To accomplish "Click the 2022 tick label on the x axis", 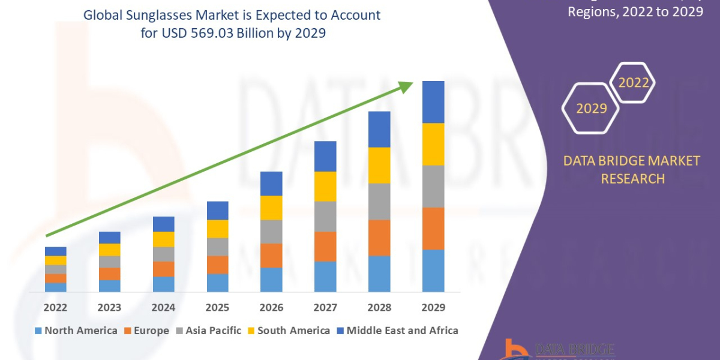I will tap(55, 307).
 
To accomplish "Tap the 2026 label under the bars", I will tap(271, 307).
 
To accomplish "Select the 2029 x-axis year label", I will tap(433, 307).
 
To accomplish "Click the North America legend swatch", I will tap(39, 331).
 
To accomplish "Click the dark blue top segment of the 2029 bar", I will tap(433, 102).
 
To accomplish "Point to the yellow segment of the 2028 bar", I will tap(379, 165).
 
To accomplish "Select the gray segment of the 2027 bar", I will tap(325, 216).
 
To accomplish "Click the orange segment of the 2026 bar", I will tap(271, 256).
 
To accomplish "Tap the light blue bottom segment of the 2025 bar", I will tap(217, 283).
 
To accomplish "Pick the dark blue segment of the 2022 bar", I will tap(55, 251).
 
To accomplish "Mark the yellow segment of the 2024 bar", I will tap(163, 239).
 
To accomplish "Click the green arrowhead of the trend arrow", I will tap(407, 87).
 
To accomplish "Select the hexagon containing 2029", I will tap(591, 108).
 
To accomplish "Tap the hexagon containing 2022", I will tap(633, 83).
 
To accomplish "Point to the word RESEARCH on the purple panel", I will tap(632, 178).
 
